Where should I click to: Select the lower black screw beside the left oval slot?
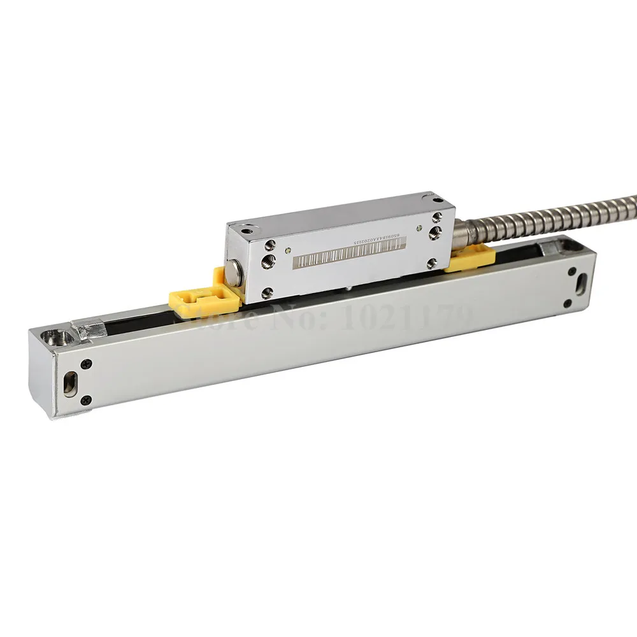point(86,399)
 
